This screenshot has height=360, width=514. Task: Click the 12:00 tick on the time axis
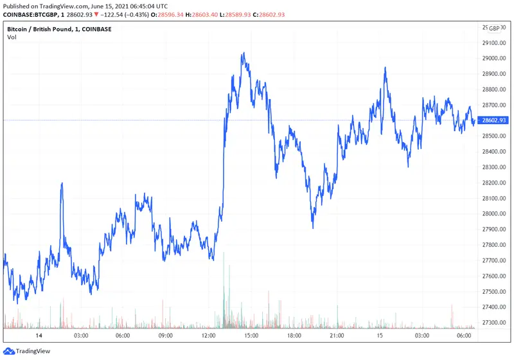(208, 336)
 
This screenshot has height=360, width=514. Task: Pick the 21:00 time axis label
(336, 336)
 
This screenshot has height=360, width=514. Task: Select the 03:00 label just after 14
(81, 336)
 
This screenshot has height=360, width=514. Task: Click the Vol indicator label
(12, 37)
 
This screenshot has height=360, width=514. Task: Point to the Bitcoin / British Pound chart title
(44, 29)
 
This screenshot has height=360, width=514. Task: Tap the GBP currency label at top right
(493, 28)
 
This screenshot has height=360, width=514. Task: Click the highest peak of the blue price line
(243, 53)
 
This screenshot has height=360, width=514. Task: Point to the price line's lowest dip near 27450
(16, 300)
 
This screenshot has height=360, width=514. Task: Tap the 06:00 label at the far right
(464, 336)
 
